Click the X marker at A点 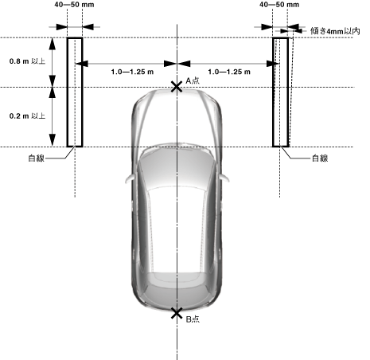(177, 87)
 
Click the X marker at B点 (177, 313)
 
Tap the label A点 (193, 80)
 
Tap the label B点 (193, 319)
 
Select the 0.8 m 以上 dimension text (27, 61)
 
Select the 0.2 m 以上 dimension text (27, 115)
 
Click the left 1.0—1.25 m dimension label (132, 72)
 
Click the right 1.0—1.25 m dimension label (229, 72)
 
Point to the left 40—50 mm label (74, 5)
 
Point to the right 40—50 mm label (279, 5)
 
